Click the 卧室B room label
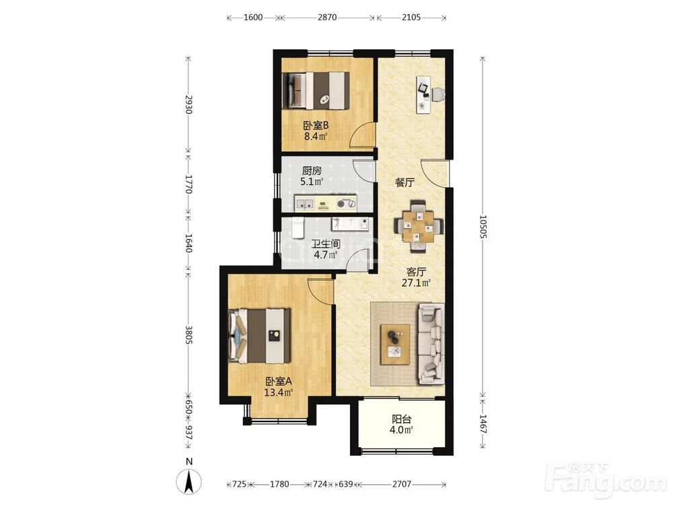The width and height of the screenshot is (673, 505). click(316, 126)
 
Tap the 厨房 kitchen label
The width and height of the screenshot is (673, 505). click(312, 171)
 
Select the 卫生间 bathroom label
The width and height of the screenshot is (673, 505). click(326, 244)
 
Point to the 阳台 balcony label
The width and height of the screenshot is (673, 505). click(402, 419)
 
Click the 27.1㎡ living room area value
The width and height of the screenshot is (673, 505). click(417, 283)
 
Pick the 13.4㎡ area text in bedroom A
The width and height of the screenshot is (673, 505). click(279, 392)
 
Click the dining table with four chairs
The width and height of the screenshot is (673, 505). click(419, 226)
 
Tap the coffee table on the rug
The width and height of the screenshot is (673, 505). click(395, 344)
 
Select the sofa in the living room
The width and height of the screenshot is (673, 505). click(431, 343)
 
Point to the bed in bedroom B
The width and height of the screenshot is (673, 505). click(316, 91)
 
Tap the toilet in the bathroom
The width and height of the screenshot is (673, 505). click(297, 227)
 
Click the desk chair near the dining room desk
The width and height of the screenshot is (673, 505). click(438, 94)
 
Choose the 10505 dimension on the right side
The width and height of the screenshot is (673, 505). click(483, 227)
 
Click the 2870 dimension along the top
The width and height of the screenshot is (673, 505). click(327, 18)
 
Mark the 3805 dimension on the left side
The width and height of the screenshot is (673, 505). click(188, 335)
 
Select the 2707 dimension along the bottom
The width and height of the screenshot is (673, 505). click(402, 484)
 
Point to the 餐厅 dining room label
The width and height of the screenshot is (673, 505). click(404, 182)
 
